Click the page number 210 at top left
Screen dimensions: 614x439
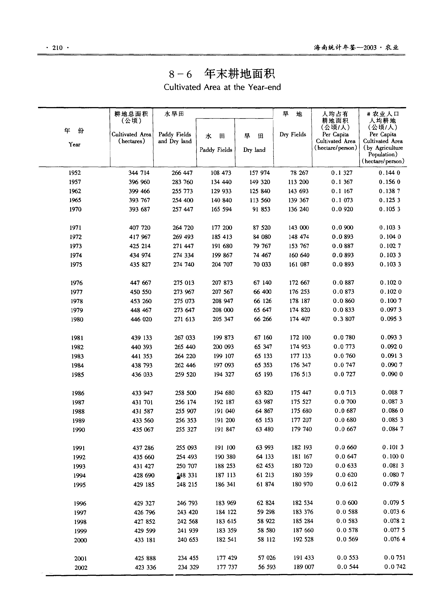click(57, 48)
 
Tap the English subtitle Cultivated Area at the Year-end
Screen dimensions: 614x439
click(222, 87)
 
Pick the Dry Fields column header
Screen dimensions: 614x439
click(293, 134)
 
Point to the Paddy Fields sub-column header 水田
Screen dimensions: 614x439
click(215, 136)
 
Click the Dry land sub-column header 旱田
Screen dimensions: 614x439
click(254, 136)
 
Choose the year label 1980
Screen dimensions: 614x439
click(77, 319)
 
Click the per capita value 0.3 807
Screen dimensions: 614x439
click(344, 319)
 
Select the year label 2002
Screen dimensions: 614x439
click(81, 568)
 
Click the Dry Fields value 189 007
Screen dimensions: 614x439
click(304, 567)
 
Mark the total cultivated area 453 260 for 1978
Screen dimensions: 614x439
click(141, 301)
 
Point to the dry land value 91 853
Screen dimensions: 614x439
click(261, 209)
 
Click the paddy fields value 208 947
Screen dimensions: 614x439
click(223, 301)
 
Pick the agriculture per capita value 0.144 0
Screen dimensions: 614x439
click(389, 173)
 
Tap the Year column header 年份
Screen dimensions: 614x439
click(74, 131)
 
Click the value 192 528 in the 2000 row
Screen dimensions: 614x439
click(303, 539)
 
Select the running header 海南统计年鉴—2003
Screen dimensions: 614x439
click(345, 48)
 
